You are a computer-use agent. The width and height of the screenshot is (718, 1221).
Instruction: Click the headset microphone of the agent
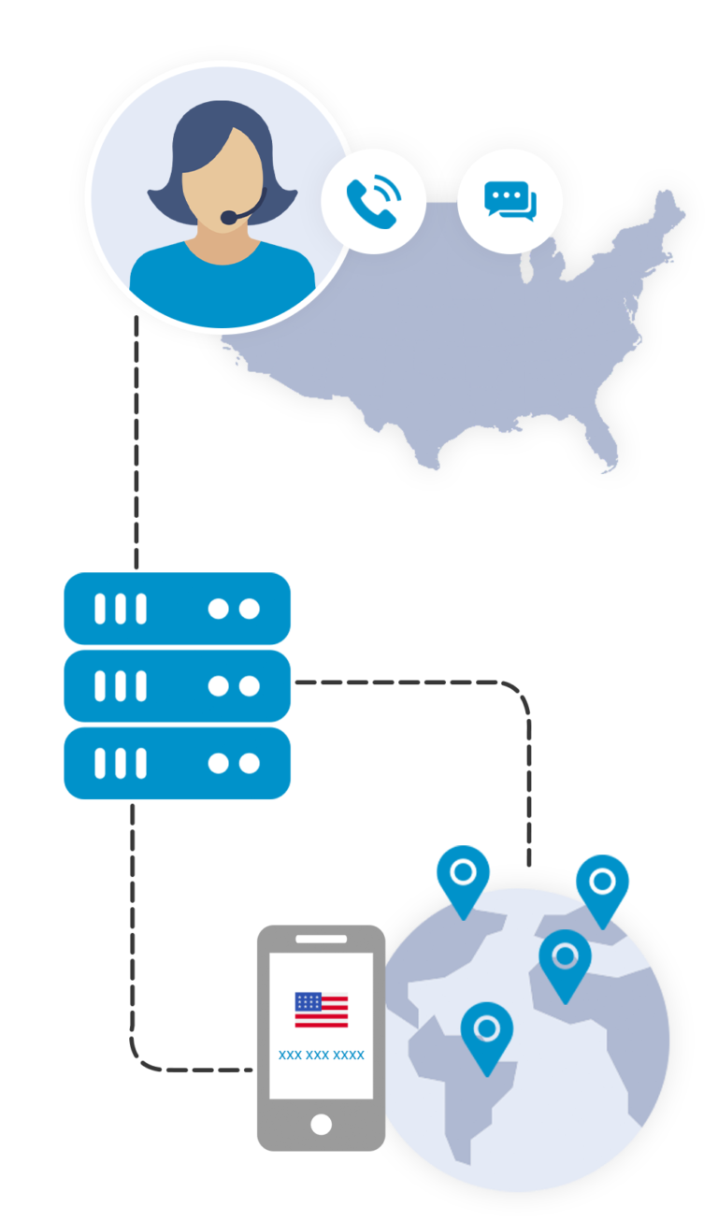tap(229, 218)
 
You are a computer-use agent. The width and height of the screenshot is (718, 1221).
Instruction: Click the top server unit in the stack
tap(177, 609)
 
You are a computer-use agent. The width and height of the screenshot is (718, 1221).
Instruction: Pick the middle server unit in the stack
tap(177, 686)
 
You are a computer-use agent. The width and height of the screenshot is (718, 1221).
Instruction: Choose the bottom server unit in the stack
tap(177, 763)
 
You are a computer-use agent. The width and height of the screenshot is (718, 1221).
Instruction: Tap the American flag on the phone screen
tap(321, 1010)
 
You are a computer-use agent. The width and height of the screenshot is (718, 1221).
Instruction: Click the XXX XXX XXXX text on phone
tap(321, 1056)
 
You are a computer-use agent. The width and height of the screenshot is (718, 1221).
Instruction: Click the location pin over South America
tap(486, 1033)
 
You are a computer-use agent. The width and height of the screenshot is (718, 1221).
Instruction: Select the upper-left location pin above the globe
tap(463, 877)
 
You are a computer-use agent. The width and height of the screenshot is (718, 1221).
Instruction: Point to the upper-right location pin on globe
tap(602, 884)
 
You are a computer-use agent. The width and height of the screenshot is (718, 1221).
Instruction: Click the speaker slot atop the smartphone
tap(321, 939)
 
